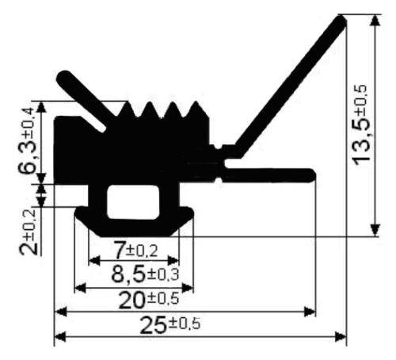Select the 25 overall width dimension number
click(x=153, y=325)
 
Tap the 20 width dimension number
click(x=132, y=301)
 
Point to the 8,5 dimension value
click(x=128, y=274)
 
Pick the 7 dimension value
click(x=119, y=250)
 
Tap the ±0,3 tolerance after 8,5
click(x=163, y=274)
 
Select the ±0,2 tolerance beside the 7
click(x=142, y=251)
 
